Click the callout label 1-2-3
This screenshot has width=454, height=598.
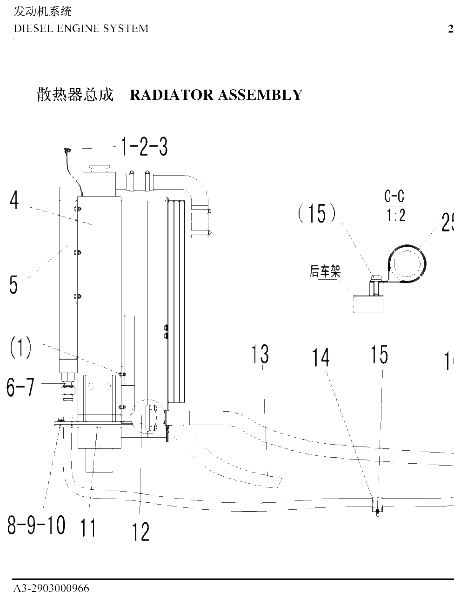click(144, 146)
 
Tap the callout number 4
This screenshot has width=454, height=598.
click(14, 200)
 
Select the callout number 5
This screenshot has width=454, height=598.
click(13, 284)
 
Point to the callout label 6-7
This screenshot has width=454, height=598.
click(20, 387)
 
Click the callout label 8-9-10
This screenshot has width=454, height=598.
click(36, 525)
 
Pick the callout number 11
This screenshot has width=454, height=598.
click(88, 527)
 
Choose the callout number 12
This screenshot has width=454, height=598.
click(140, 531)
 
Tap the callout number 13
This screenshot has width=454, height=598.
click(260, 354)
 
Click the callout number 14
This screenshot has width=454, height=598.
click(320, 357)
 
